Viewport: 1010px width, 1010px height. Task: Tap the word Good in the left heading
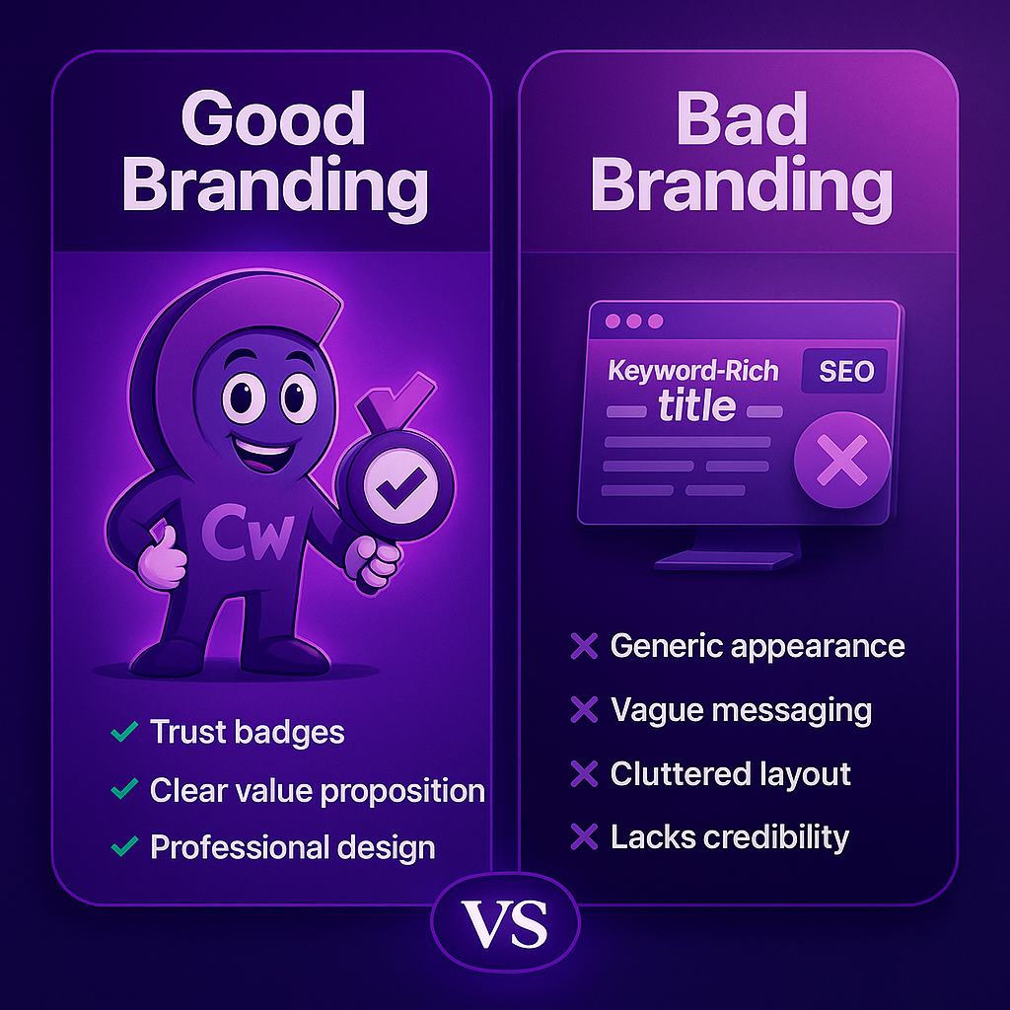click(x=273, y=118)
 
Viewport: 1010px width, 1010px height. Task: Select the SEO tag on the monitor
click(x=845, y=371)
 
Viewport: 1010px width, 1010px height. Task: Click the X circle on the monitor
click(x=841, y=462)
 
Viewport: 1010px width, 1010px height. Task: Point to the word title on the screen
click(x=696, y=404)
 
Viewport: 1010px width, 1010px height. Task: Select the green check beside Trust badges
click(x=124, y=732)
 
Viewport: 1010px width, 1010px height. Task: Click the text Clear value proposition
click(x=317, y=790)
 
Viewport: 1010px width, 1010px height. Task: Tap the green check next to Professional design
click(x=124, y=846)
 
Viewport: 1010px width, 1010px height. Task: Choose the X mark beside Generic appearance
click(x=584, y=647)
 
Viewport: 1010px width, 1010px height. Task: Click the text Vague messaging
click(x=741, y=710)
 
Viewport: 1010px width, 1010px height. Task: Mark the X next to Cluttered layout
click(x=584, y=774)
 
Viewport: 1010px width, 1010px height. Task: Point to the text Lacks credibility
click(x=729, y=836)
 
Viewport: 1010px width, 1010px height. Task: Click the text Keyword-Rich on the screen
click(x=693, y=371)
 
